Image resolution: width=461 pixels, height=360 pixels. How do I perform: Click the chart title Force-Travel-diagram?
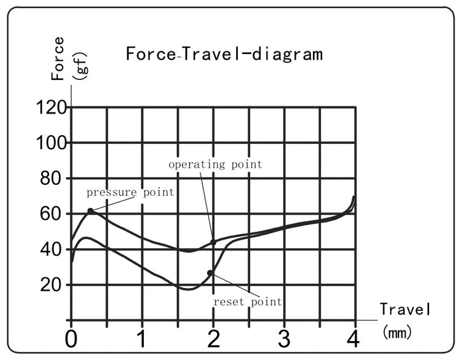coord(224,54)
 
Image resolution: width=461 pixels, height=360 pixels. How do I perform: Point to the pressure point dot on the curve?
coord(90,211)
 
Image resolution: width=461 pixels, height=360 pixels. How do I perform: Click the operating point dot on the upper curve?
coord(213,242)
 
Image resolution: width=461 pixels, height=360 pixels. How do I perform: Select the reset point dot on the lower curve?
coord(210,273)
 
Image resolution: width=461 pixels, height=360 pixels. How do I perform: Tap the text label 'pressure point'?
coord(130,192)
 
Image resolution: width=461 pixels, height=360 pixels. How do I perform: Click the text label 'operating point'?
coord(215,164)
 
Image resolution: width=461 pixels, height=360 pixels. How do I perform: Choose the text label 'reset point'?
coord(247,302)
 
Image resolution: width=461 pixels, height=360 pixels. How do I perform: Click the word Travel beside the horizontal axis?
coord(404,309)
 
